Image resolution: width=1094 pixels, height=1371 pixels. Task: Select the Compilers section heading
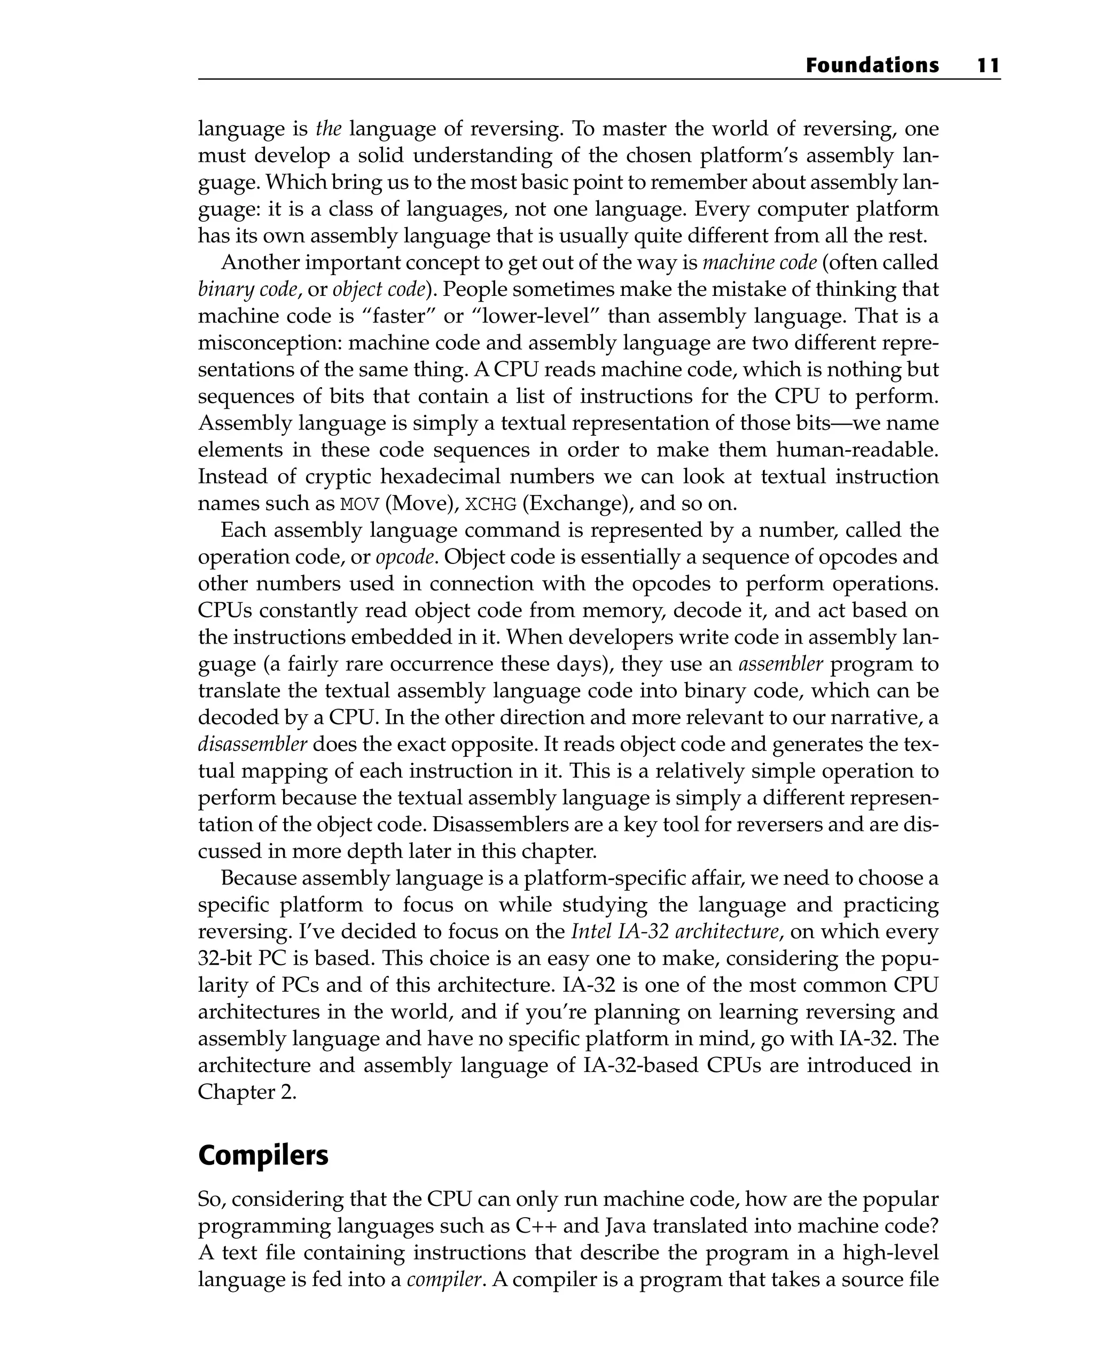point(263,1155)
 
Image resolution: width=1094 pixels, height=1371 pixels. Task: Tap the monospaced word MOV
point(360,504)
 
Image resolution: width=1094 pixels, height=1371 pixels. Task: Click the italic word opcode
point(406,557)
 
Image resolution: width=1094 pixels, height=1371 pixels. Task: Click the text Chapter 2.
point(247,1092)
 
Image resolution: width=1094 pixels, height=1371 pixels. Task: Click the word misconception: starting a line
point(270,343)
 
